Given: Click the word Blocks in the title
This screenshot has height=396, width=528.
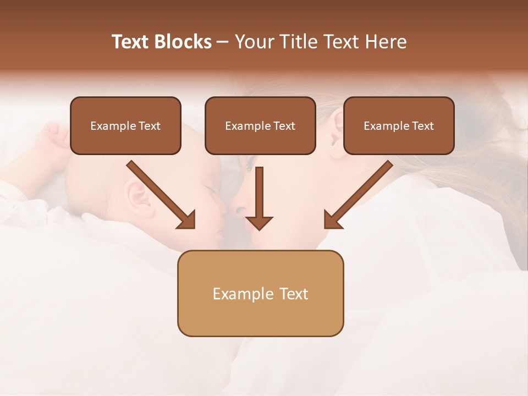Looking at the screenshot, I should tap(183, 42).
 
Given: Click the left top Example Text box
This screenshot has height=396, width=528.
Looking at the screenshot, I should tap(125, 125).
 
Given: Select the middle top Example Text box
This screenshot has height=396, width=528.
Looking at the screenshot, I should tap(260, 125).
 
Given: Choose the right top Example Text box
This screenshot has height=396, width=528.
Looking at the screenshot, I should tap(399, 125).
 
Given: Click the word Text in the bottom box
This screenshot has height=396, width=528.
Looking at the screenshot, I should tap(293, 294).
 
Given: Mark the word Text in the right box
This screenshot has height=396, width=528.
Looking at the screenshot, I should tap(422, 126).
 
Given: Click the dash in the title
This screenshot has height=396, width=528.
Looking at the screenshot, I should tap(223, 42).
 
